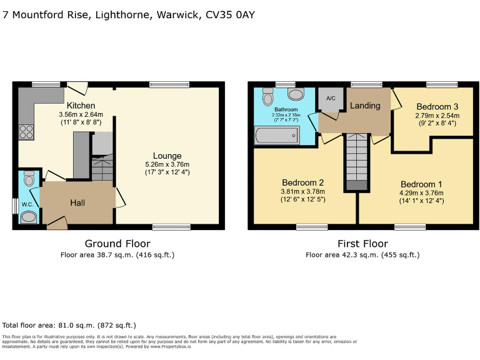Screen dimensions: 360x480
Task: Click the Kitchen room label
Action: [x=81, y=106]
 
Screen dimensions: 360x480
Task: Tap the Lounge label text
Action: [x=167, y=156]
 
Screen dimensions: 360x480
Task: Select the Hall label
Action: [x=77, y=203]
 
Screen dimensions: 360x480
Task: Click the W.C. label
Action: [x=27, y=204]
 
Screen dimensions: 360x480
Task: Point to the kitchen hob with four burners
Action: [x=26, y=131]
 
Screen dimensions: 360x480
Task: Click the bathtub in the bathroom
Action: [x=276, y=135]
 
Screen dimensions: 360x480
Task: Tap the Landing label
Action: [x=364, y=106]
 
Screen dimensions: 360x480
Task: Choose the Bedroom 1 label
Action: [x=421, y=184]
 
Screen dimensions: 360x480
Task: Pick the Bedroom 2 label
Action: [x=302, y=182]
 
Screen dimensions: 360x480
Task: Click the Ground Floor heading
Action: [x=117, y=244]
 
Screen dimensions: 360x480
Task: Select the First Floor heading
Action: [x=362, y=244]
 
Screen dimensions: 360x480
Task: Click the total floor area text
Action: [x=69, y=326]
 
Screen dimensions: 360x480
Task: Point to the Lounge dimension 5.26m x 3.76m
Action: [x=167, y=165]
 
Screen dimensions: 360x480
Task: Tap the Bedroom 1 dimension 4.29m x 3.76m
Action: [x=421, y=193]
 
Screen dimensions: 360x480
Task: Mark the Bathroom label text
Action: [x=286, y=109]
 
